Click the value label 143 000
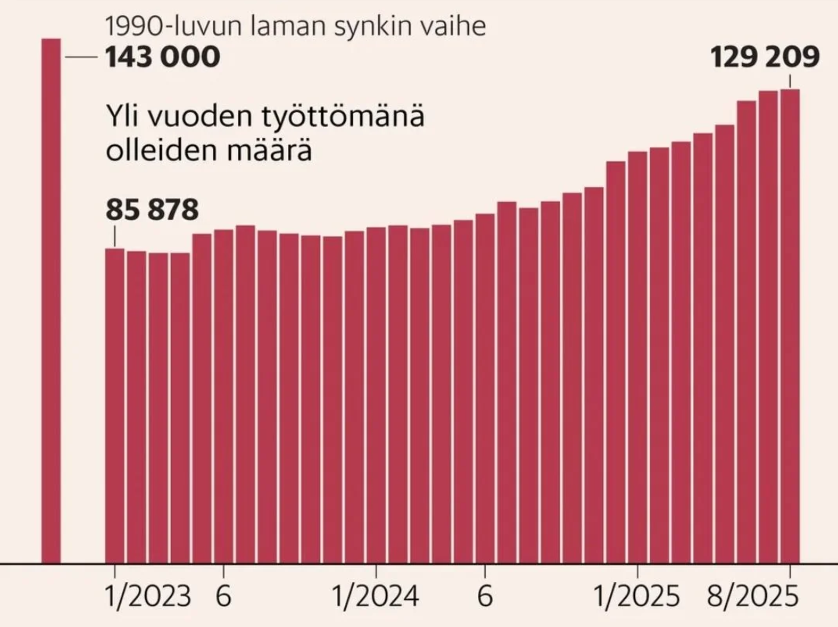163,57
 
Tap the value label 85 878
152,210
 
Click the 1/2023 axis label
148,597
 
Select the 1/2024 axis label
375,597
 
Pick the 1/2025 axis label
637,597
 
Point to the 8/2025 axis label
752,597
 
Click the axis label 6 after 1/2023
224,597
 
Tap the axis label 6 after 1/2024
485,597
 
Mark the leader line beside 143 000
81,57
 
